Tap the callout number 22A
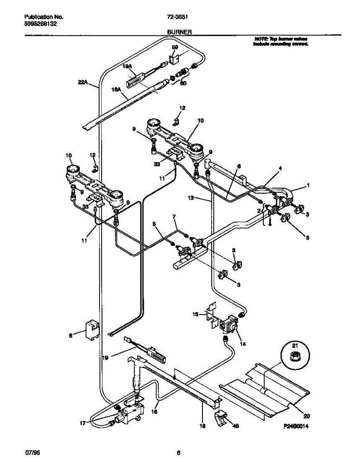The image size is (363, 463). pyautogui.click(x=83, y=82)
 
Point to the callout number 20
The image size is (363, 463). pyautogui.click(x=307, y=416)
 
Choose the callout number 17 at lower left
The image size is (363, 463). pyautogui.click(x=82, y=423)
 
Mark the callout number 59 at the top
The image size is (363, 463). pyautogui.click(x=175, y=47)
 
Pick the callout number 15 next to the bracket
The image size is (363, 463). pyautogui.click(x=196, y=314)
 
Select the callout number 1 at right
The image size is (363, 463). pyautogui.click(x=308, y=186)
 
